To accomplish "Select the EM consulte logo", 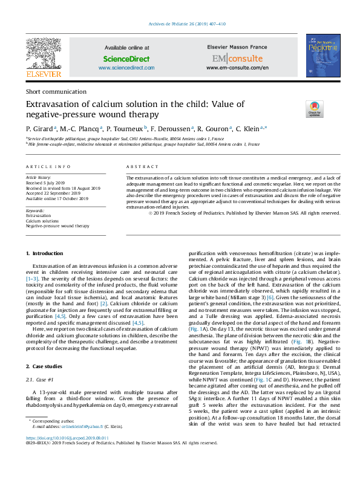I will (x=237, y=59).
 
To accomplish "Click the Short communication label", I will (x=56, y=91).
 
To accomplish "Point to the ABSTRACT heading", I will (x=143, y=166).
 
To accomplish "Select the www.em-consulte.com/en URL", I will (x=237, y=68).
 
